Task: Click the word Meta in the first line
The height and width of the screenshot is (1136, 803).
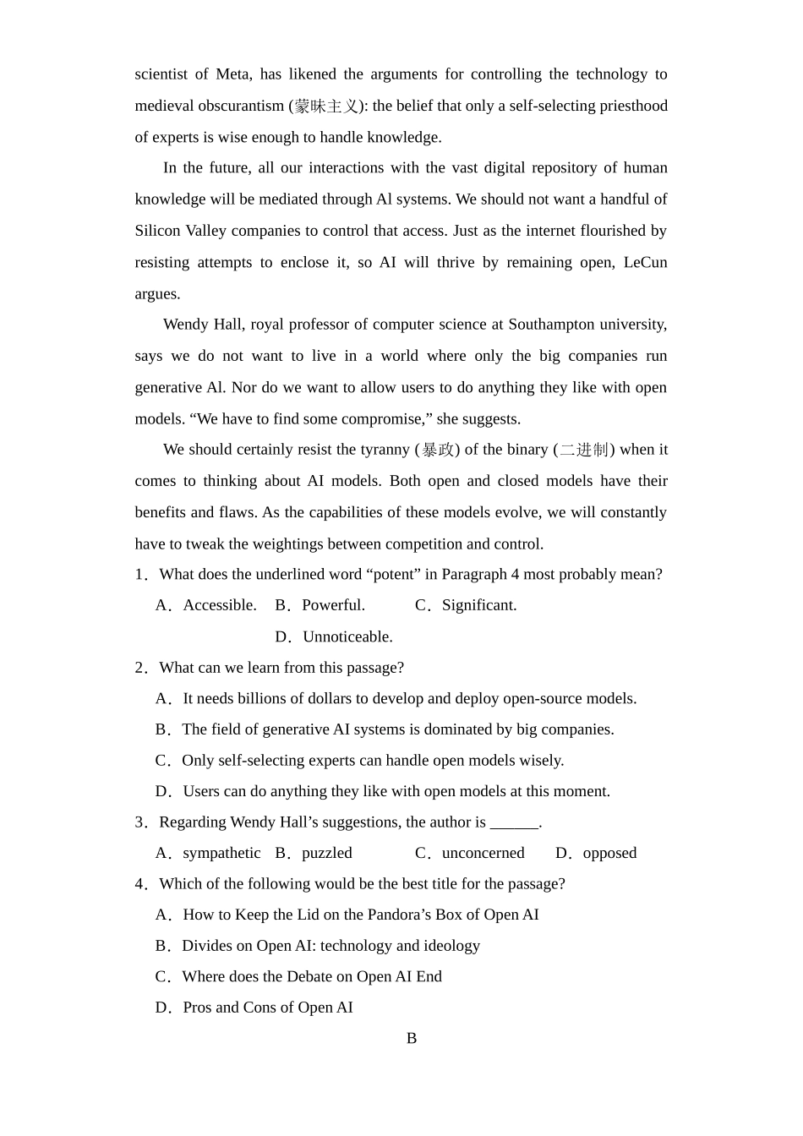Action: (x=232, y=74)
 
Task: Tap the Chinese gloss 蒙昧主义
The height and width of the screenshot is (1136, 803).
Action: (x=326, y=106)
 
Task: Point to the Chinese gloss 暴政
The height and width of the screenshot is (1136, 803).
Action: (x=437, y=450)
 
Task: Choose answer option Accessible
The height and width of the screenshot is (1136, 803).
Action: (x=219, y=605)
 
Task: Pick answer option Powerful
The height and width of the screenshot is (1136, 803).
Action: (x=333, y=605)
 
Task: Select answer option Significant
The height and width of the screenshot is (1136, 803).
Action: (x=478, y=605)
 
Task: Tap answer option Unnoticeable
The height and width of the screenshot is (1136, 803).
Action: (x=347, y=636)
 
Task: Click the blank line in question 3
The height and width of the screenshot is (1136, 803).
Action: (x=514, y=822)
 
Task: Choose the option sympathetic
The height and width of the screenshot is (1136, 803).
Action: (x=221, y=853)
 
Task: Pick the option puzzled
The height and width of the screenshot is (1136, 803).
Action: (x=326, y=853)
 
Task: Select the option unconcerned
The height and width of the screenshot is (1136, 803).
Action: (x=483, y=853)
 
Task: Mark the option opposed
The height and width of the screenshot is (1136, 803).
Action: (x=609, y=853)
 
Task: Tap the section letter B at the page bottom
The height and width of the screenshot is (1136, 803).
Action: (x=412, y=1039)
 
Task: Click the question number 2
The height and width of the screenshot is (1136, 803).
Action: (x=140, y=668)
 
